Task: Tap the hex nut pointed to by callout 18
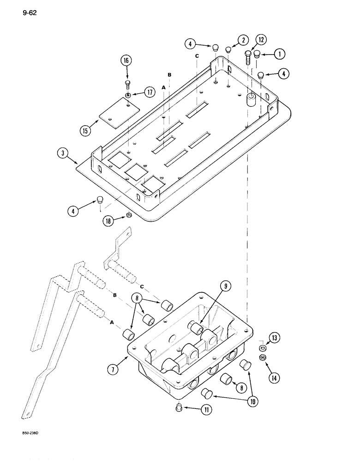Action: (129, 215)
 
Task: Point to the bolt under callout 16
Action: (127, 84)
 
